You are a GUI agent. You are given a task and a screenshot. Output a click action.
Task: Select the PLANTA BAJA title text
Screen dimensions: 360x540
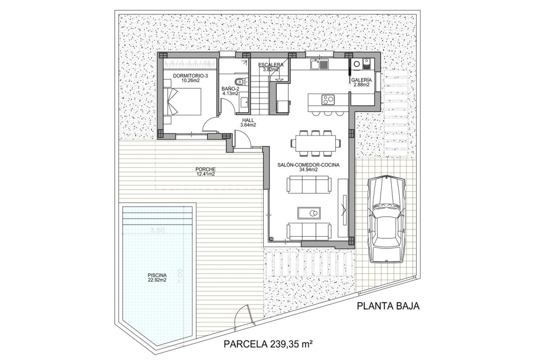pos(388,306)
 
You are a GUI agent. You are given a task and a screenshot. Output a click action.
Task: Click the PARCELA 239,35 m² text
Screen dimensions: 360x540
pos(268,345)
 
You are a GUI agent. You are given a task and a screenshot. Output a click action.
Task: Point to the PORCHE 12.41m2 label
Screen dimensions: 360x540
pos(205,171)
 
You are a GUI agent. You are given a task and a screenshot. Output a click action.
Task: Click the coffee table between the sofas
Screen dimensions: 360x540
pos(310,212)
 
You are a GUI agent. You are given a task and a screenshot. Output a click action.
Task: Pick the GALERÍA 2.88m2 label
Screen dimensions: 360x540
pos(361,82)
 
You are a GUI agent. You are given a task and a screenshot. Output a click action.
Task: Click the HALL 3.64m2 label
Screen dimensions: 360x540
pos(248,123)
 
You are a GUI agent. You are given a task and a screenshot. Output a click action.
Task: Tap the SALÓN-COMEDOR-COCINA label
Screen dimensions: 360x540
pos(309,167)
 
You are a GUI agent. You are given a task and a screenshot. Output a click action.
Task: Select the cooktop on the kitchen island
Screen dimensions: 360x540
pos(328,99)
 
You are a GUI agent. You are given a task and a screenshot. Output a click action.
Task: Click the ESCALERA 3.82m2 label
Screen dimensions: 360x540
pos(271,67)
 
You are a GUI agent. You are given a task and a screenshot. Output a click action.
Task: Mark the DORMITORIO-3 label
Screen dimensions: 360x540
pos(190,78)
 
